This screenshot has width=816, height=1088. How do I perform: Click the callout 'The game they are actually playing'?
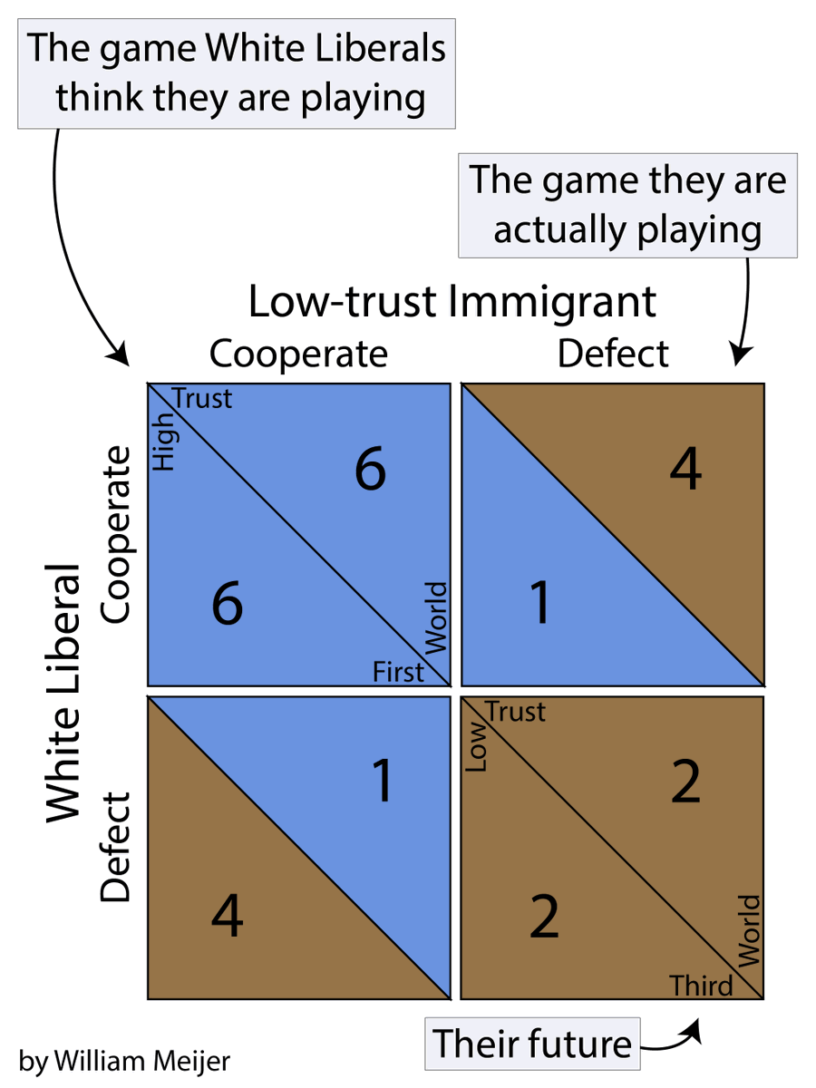[x=627, y=205]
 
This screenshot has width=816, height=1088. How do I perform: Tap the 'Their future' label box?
[x=531, y=1044]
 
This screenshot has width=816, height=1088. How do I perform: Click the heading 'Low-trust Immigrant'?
[x=452, y=302]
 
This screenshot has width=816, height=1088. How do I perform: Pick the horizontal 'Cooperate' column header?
[x=298, y=354]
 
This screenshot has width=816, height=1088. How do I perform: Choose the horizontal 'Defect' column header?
[x=613, y=354]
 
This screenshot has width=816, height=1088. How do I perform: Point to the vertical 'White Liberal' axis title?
[x=63, y=694]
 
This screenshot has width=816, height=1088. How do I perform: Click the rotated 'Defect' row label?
[x=115, y=848]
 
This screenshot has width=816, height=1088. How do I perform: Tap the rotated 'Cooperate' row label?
[x=115, y=534]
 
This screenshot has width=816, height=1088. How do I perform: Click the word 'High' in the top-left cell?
[x=163, y=450]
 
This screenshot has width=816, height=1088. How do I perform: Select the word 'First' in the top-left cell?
[x=398, y=673]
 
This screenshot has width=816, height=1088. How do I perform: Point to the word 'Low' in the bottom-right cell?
[x=477, y=752]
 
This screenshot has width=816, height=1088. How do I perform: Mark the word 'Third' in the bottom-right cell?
[x=701, y=985]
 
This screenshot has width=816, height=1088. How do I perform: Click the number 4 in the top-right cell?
[x=685, y=471]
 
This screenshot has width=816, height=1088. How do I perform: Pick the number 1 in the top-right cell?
[x=540, y=603]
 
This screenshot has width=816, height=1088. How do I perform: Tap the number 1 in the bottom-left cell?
[x=383, y=781]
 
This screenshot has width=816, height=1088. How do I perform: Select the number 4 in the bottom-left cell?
[x=227, y=918]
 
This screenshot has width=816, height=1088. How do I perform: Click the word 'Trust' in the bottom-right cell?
[x=516, y=713]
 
